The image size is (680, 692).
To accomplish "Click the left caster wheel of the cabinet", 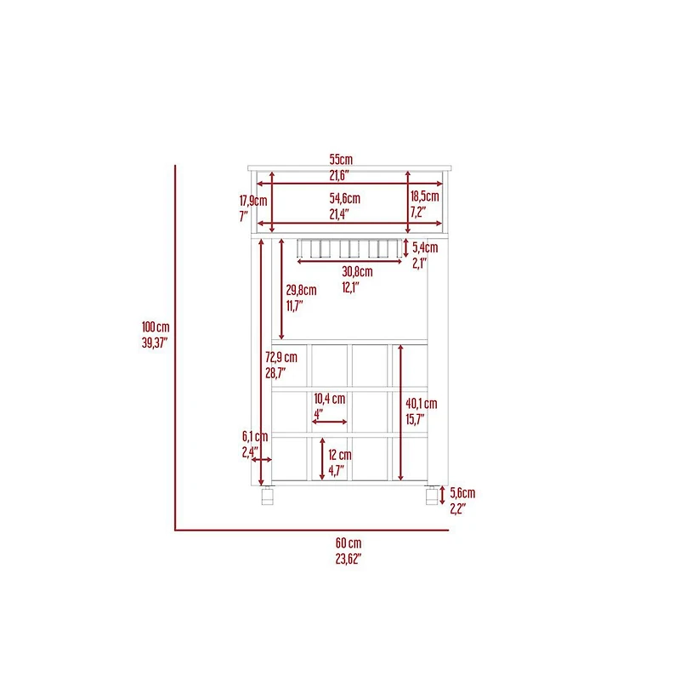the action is click(268, 496).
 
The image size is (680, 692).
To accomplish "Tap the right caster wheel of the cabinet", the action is click(432, 496).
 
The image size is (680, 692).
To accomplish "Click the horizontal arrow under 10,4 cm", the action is click(330, 422).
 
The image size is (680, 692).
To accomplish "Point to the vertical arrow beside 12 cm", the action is click(322, 459).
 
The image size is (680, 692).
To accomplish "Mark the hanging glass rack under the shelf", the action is click(349, 248).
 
